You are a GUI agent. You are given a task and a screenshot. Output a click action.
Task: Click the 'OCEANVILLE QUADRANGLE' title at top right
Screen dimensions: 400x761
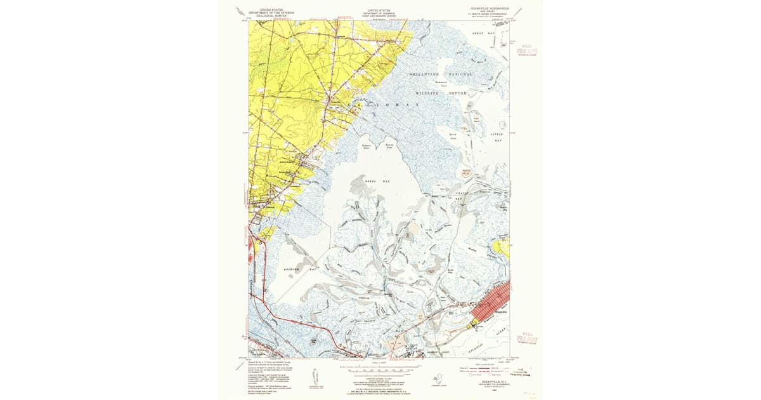pyautogui.click(x=486, y=9)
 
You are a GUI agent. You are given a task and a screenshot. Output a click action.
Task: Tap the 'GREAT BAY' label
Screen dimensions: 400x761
pyautogui.click(x=487, y=32)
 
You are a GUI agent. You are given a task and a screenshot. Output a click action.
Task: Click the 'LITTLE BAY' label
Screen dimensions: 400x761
pyautogui.click(x=497, y=137)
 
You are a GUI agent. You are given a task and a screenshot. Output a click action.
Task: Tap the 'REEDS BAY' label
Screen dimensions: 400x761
pyautogui.click(x=377, y=182)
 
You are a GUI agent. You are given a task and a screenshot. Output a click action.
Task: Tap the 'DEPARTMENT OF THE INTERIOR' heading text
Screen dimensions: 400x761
pyautogui.click(x=271, y=12)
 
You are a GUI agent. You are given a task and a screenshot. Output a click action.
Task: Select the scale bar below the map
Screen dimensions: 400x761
pyautogui.click(x=380, y=367)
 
